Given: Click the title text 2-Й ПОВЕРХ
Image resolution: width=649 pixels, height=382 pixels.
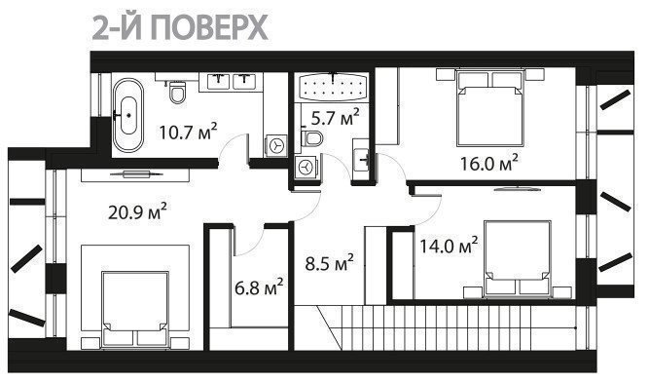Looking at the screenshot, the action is point(180,27).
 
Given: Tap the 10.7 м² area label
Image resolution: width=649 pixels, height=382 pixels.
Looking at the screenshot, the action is point(189,132).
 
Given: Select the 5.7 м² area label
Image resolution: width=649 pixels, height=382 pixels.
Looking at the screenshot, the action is point(336,117).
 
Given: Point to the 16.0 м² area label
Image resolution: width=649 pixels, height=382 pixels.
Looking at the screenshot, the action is point(489,163).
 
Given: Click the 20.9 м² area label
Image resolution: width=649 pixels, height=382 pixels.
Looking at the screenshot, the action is point(137,211).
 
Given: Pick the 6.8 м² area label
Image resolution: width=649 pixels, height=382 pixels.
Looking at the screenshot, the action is point(259,287).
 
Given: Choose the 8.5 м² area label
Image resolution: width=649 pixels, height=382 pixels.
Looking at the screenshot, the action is point(330,263).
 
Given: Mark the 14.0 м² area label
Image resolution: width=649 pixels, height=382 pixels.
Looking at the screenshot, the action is point(450,246).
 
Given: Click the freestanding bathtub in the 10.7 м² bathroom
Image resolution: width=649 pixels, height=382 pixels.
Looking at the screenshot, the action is point(128,115).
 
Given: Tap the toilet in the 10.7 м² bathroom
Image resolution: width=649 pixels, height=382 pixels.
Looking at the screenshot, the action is point(178,92).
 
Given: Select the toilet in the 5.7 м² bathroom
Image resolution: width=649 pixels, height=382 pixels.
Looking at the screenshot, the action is point(311,138).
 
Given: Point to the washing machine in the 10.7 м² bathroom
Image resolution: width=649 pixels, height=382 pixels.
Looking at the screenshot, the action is point(276,145).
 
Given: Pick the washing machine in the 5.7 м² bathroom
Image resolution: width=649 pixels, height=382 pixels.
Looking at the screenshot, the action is point(306,168).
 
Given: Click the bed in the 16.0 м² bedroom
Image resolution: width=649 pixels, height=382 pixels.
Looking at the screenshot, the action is point(490,107).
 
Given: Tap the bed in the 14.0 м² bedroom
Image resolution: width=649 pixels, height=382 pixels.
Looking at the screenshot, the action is point(518,259).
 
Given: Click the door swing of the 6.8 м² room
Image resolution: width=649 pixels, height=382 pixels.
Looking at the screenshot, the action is point(255,247).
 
